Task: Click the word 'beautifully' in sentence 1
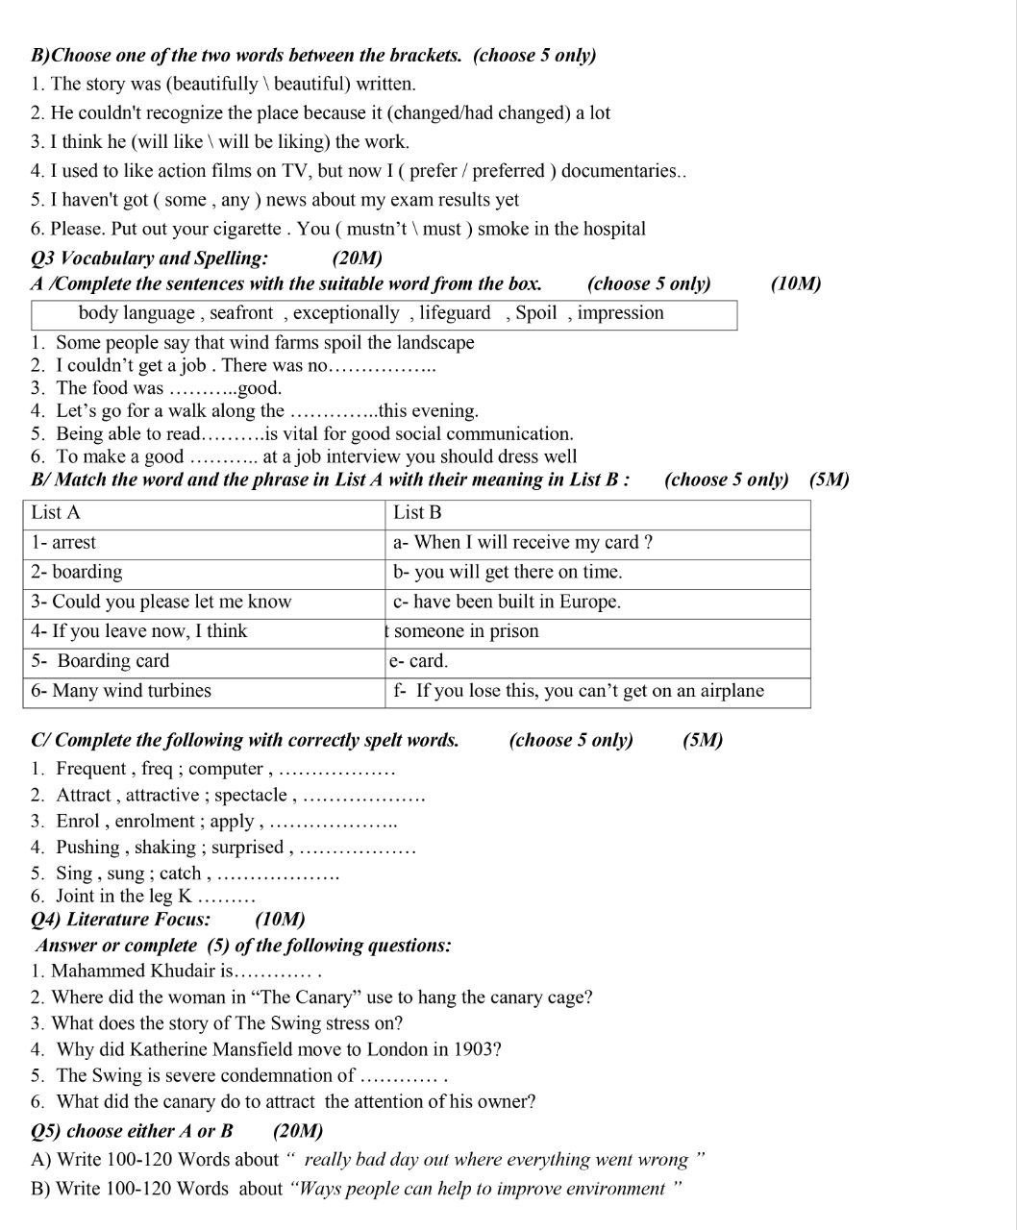pos(212,84)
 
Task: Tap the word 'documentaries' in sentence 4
pos(620,171)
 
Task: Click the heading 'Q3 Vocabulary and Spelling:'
pos(150,258)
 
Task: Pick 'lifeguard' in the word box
pos(455,313)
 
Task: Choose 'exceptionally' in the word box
pos(346,313)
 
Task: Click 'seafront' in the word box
pos(241,313)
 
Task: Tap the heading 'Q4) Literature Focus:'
pos(121,920)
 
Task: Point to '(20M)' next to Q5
pos(298,1131)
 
